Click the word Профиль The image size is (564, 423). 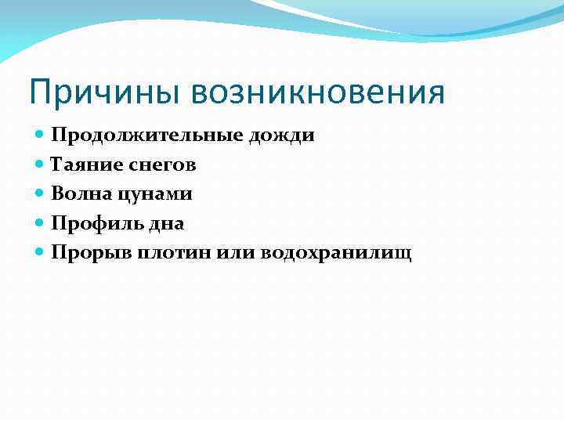88,223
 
